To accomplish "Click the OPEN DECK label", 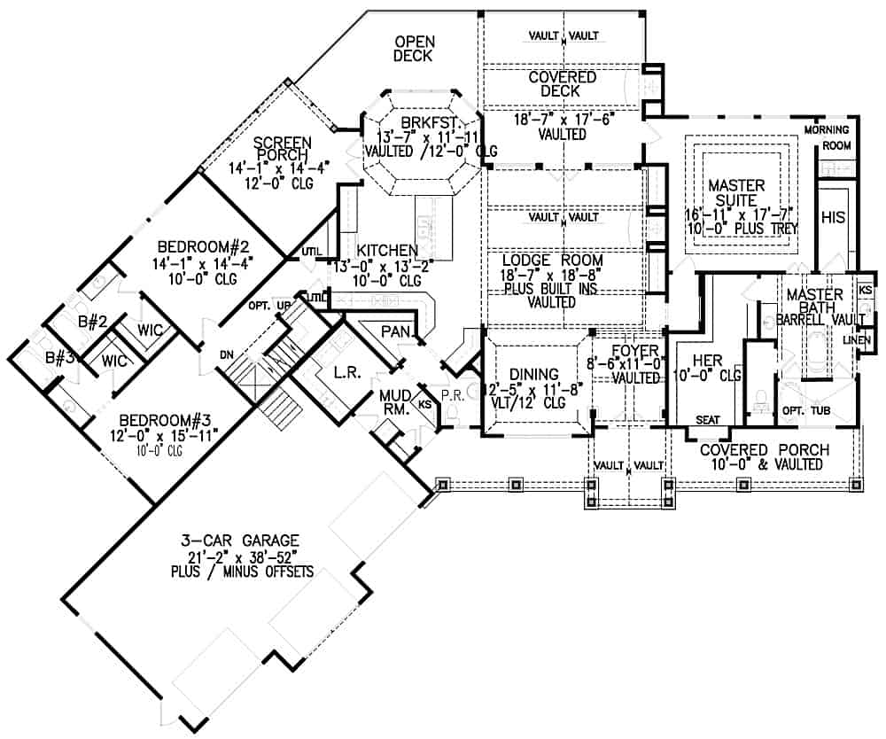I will (x=413, y=49).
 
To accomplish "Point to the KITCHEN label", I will (x=381, y=251).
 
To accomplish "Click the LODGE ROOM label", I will (x=552, y=261).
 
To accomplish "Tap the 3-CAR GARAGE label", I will (x=243, y=540).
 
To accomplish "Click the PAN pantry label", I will (x=393, y=331).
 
